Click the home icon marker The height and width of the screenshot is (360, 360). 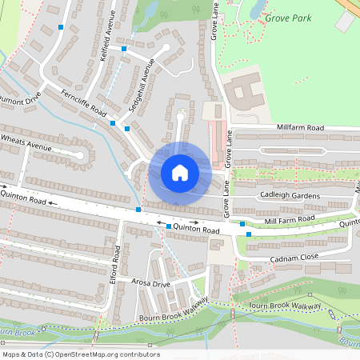click(179, 172)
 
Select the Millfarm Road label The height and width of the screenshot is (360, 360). click(301, 128)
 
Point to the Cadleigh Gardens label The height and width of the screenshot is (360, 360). click(289, 196)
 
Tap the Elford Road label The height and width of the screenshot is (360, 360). click(118, 265)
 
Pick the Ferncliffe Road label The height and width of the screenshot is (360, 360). click(83, 102)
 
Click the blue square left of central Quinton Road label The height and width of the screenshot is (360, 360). click(168, 226)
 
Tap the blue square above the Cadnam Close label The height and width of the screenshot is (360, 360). click(249, 234)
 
